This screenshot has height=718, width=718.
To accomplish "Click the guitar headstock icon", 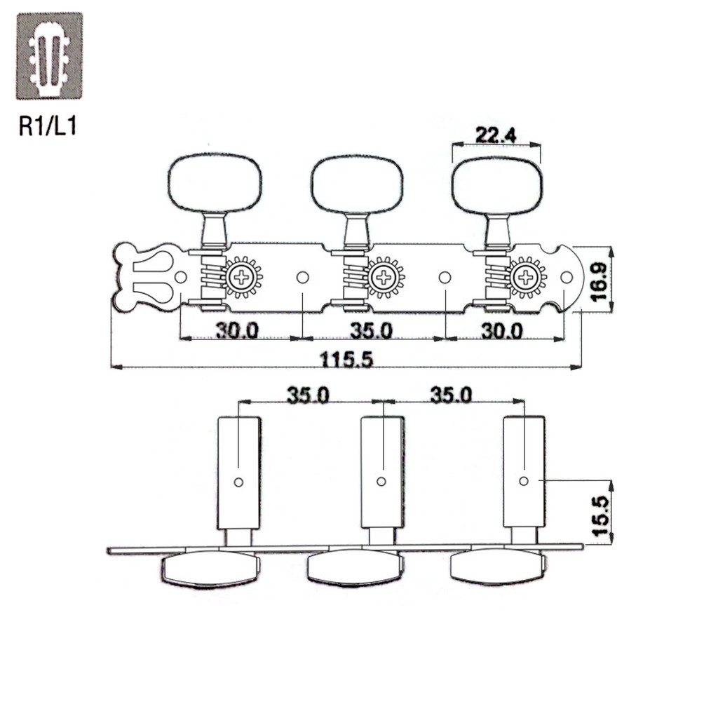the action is (50, 56).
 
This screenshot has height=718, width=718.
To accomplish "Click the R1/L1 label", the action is (48, 126).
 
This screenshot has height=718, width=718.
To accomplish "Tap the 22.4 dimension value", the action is (496, 135).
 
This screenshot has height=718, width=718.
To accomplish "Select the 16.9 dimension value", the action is (599, 281).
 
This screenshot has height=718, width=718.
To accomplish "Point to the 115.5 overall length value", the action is (346, 360).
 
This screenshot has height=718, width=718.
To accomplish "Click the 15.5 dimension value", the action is (601, 516).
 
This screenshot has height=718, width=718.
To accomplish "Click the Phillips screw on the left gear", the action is (241, 277).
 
